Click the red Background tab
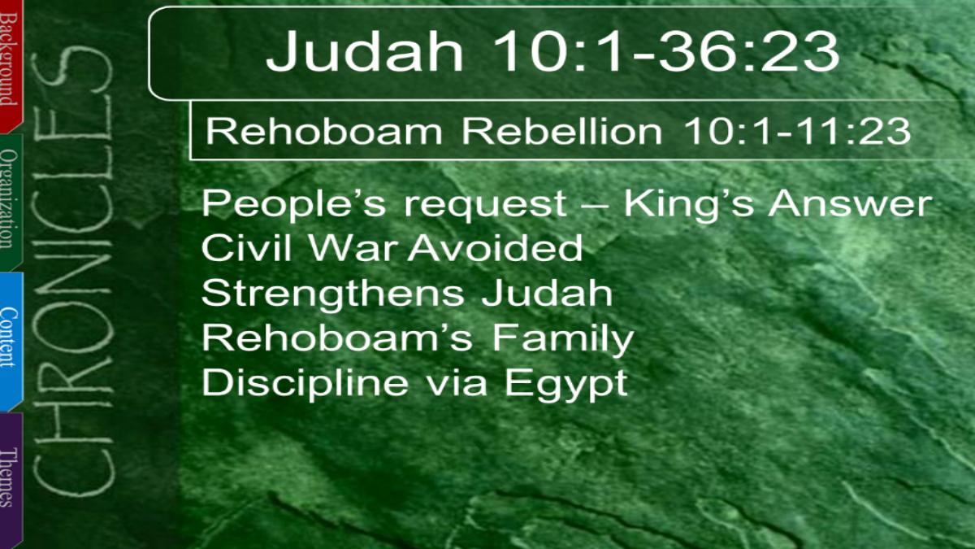coord(11,65)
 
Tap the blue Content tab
coord(11,341)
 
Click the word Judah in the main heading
coord(365,51)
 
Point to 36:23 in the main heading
coord(748,51)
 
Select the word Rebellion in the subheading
coord(562,131)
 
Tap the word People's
coord(293,203)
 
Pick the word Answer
coord(850,203)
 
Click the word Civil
coord(246,247)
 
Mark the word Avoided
coord(495,247)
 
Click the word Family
coord(563,338)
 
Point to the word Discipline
coord(305,382)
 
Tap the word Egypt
coord(565,384)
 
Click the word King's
coord(689,203)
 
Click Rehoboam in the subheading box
coord(324,131)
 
